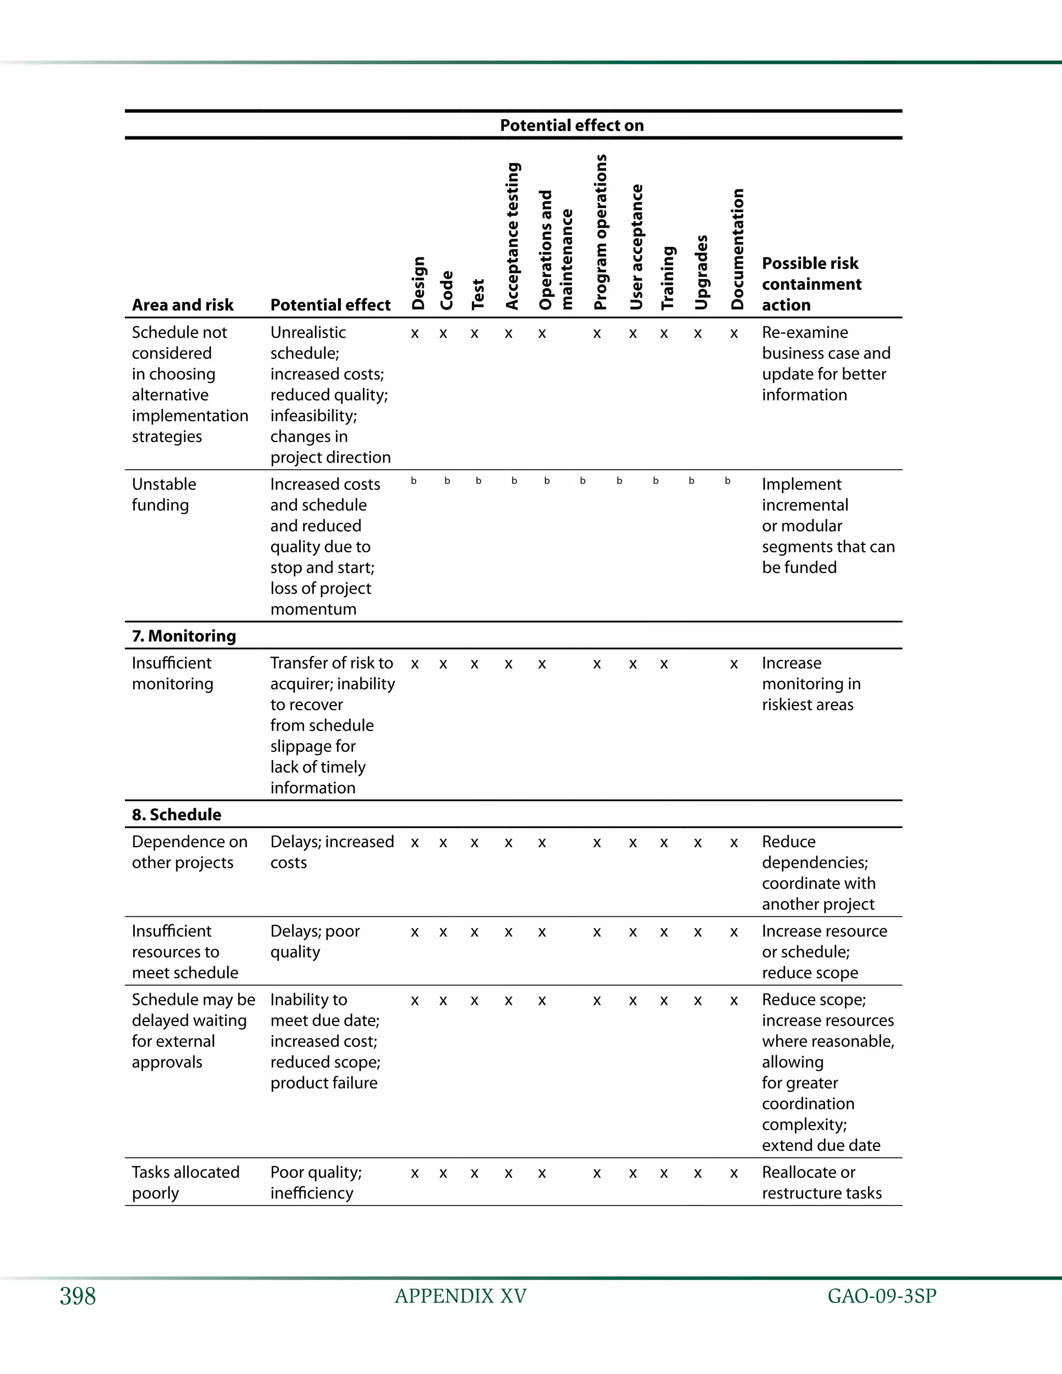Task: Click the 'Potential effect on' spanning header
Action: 571,125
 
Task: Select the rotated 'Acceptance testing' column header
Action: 513,236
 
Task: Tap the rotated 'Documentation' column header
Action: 737,249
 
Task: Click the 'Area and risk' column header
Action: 183,305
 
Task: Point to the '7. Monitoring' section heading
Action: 184,636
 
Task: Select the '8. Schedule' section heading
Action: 176,815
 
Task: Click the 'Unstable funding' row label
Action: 163,495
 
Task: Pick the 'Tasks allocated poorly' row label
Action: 185,1182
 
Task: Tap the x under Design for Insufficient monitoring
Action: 415,664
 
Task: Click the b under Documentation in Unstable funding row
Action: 728,481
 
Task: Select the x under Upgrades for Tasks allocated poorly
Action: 698,1174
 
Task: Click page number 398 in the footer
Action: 78,1296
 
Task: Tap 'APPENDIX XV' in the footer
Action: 460,1296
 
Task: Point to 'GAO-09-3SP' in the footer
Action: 882,1296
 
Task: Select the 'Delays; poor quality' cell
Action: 315,941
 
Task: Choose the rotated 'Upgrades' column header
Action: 702,272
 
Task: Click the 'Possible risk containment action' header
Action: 811,284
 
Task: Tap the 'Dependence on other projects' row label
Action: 189,852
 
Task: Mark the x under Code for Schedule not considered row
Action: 443,334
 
